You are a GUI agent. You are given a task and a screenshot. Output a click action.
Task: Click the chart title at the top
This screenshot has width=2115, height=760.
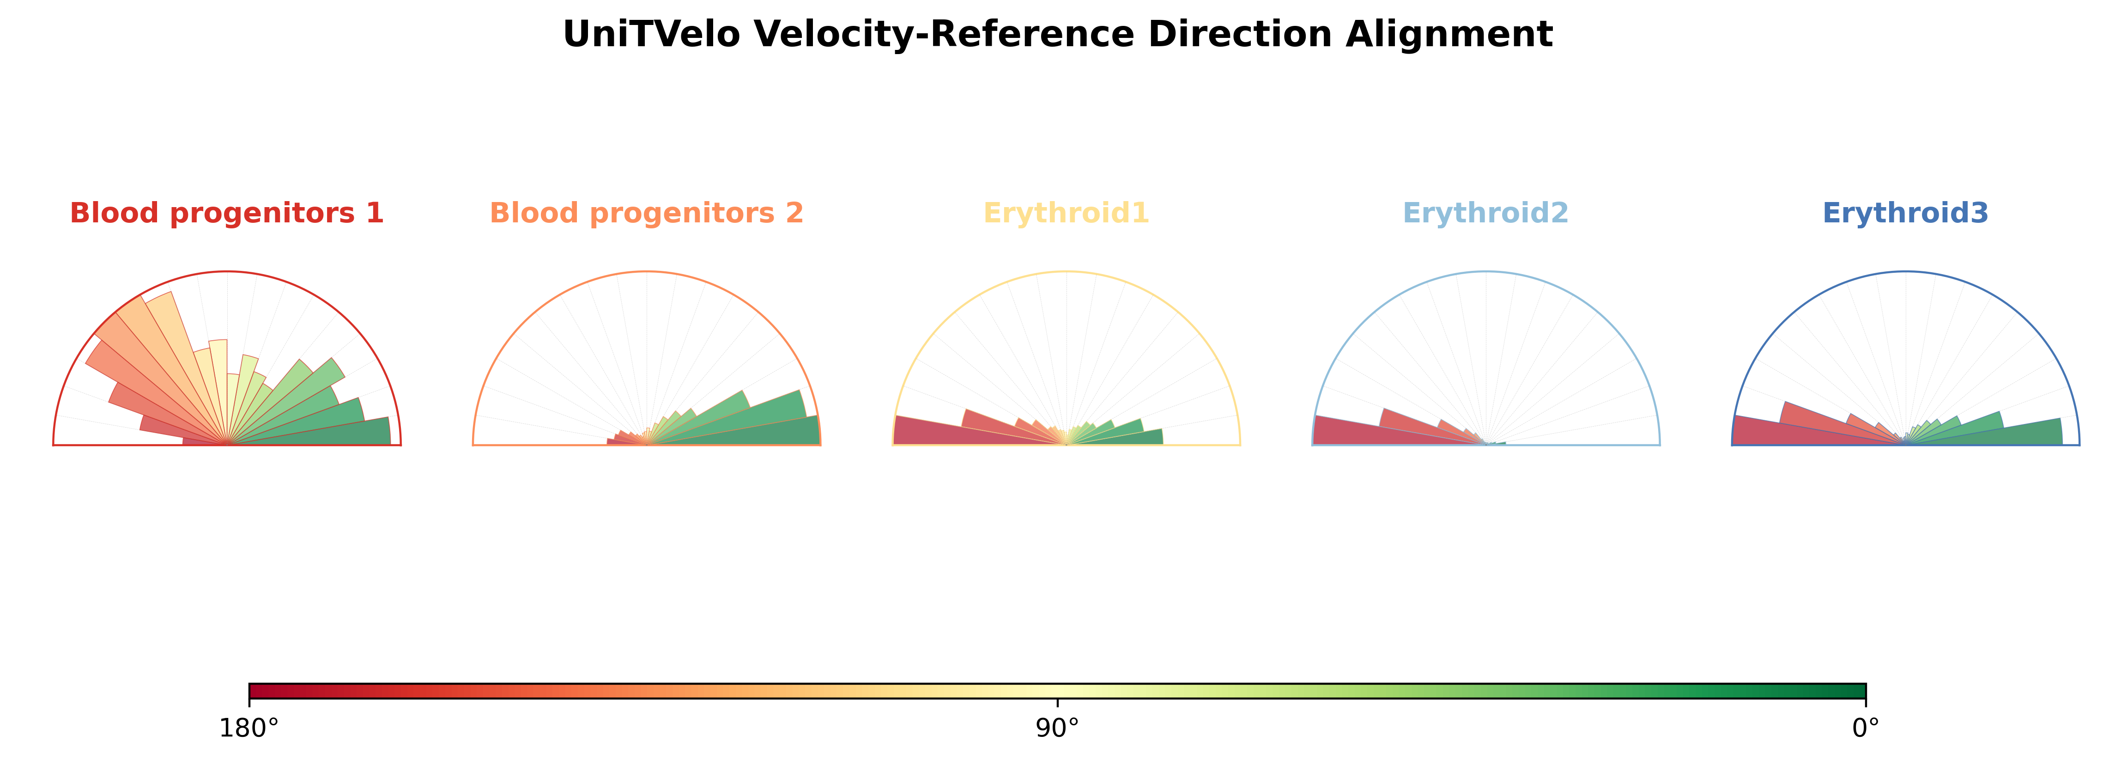click(x=1058, y=35)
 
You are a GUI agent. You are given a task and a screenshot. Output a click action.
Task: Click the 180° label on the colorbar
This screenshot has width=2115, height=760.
click(x=249, y=728)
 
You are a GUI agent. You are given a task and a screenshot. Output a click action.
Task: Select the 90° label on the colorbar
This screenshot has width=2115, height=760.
click(x=1058, y=728)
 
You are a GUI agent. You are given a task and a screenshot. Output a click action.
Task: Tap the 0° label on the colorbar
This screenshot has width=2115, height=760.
click(x=1866, y=728)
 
